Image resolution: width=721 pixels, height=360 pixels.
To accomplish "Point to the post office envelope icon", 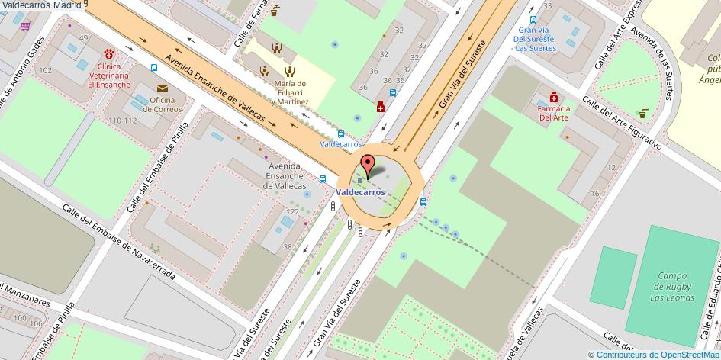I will (161, 88).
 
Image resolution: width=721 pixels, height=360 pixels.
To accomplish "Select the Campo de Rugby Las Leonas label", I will (674, 286).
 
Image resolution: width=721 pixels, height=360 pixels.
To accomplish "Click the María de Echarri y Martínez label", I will (290, 92).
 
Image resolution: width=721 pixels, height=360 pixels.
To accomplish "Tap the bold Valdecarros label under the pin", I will (360, 193).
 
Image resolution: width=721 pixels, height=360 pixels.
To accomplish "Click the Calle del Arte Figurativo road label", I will (620, 123).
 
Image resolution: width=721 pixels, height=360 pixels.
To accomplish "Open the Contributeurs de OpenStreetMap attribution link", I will (658, 354).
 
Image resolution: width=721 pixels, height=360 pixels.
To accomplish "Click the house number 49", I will (83, 38).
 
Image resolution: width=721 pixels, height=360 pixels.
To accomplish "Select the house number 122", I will (291, 211).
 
